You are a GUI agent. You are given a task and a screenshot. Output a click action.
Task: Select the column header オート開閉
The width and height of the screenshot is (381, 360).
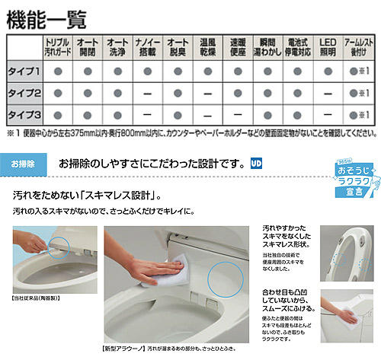pyautogui.click(x=87, y=47)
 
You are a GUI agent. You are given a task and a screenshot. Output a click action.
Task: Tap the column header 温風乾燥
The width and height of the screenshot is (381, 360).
pyautogui.click(x=208, y=47)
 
